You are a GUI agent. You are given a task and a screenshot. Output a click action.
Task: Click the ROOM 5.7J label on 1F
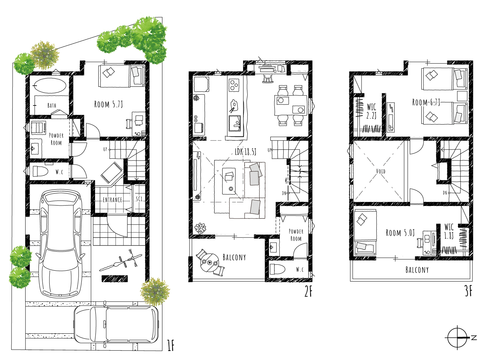click(x=108, y=104)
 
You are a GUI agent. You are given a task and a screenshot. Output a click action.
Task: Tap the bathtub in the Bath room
click(x=50, y=86)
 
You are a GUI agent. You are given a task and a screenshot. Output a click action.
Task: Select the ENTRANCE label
click(x=112, y=200)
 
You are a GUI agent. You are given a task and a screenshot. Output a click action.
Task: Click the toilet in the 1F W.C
click(x=40, y=171)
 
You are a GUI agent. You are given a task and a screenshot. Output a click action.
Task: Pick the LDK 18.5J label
click(x=245, y=152)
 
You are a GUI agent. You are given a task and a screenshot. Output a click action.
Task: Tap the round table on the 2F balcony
click(x=210, y=262)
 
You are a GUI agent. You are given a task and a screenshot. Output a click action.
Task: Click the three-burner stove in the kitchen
click(x=234, y=85)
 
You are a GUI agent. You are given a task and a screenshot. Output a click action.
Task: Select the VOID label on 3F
click(x=381, y=171)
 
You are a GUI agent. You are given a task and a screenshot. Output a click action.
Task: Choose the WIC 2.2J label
click(x=372, y=111)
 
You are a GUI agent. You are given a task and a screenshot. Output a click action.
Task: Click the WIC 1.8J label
click(x=449, y=231)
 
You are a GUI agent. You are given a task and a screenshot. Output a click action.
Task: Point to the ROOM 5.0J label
click(x=400, y=233)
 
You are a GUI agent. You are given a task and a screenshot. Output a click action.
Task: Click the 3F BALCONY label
click(x=417, y=270)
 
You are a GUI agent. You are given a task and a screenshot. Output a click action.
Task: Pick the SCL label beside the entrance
click(x=139, y=199)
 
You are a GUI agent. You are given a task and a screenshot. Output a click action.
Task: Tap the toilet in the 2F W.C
click(x=278, y=269)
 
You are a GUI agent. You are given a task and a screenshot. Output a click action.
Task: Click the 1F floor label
click(x=171, y=346)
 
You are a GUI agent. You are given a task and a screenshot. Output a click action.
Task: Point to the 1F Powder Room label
click(x=56, y=139)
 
